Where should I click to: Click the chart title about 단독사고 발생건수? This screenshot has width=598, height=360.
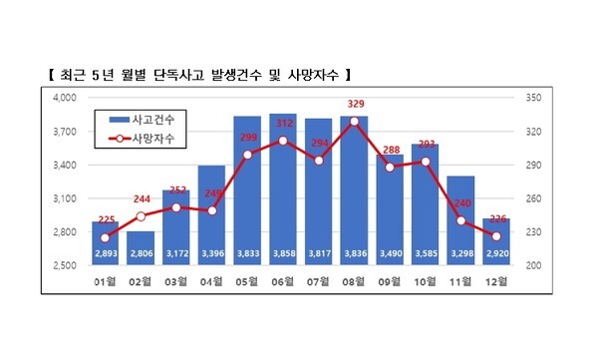199,75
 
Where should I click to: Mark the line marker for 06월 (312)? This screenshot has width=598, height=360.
284,141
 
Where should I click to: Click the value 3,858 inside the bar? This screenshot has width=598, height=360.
284,252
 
